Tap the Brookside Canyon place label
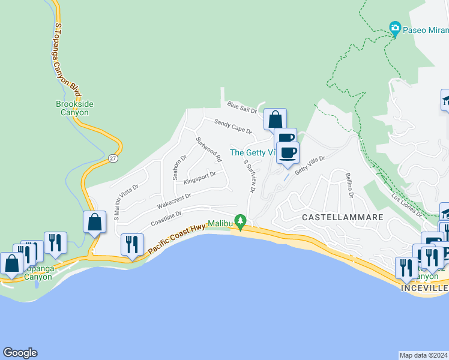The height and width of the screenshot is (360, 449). pos(74,108)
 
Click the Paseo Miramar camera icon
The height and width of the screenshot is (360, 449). pos(395,28)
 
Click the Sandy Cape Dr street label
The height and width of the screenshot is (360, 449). pos(233,126)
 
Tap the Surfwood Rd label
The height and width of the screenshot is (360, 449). pos(209,149)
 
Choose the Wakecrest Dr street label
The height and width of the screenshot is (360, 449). pos(173,200)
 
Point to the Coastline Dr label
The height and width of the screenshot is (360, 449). pos(166,217)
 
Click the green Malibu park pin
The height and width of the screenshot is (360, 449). pos(241,221)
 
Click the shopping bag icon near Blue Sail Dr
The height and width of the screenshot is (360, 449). pos(275,118)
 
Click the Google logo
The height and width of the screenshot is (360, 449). pos(20,353)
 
